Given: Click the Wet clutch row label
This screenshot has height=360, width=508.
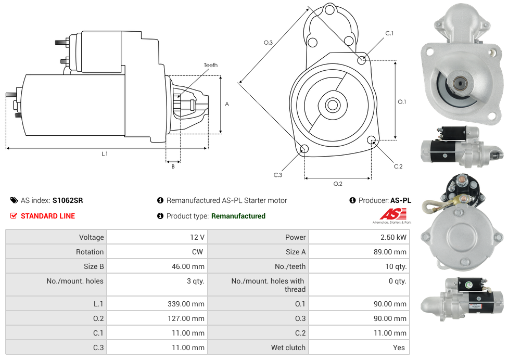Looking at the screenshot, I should [x=288, y=348].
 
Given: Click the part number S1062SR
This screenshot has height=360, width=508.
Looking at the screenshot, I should [x=68, y=200].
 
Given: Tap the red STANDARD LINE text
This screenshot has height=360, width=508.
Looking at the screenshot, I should [x=47, y=216].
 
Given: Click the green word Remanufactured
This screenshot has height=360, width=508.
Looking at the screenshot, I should [x=238, y=216].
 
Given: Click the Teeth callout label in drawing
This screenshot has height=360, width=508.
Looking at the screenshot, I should [x=210, y=65].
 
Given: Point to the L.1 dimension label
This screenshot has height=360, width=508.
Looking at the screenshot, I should [x=105, y=153].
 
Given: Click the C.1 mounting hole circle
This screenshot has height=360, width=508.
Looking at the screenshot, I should [x=362, y=60].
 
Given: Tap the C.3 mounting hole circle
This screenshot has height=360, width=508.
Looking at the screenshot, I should [x=304, y=150].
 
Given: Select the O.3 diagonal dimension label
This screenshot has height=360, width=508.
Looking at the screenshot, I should [x=268, y=43].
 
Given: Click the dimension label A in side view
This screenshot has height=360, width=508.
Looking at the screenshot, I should [x=226, y=104].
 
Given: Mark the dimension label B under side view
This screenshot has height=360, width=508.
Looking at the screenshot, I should [x=173, y=166].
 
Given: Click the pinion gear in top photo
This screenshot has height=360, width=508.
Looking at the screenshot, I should [x=460, y=83].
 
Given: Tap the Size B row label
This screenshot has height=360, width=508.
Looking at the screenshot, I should [x=90, y=266].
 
